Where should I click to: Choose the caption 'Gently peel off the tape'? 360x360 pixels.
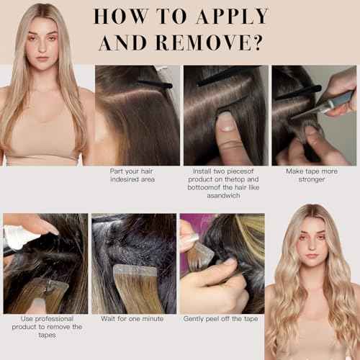(x=221, y=318)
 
